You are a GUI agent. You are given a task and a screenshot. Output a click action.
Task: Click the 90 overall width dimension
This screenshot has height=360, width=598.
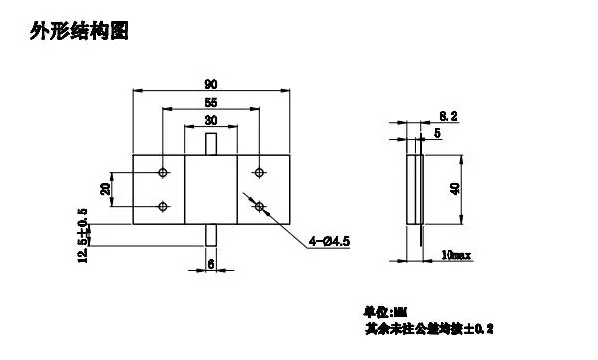[211, 83]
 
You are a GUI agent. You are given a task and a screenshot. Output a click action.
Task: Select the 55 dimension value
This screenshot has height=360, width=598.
[211, 102]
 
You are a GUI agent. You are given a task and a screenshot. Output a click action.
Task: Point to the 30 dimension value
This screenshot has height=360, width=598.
[211, 120]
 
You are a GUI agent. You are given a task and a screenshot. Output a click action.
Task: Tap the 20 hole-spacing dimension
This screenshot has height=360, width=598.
[105, 189]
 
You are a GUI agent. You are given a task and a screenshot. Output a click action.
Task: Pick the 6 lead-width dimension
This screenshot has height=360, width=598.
[211, 264]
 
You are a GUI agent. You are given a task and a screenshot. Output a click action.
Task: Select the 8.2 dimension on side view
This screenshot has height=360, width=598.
[448, 117]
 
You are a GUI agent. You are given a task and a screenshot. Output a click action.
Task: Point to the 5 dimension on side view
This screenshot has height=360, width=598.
[436, 132]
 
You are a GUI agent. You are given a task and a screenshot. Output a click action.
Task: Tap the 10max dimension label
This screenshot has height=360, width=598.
[457, 257]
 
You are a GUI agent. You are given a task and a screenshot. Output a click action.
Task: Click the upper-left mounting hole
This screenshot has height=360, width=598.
[163, 173]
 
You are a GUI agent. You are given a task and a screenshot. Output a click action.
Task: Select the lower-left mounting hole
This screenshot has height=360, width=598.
[163, 207]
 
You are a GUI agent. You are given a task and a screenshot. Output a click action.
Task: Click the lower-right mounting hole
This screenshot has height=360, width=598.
[259, 207]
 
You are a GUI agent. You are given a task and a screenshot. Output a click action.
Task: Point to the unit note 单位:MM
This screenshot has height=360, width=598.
[381, 311]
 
